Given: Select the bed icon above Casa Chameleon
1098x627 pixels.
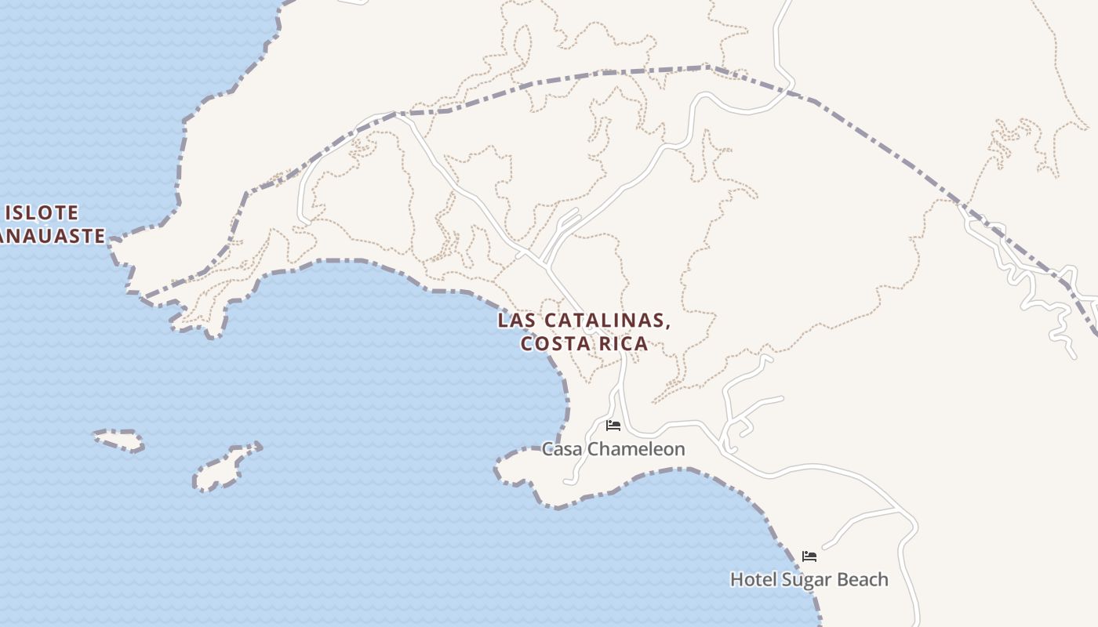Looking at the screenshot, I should point(613,426).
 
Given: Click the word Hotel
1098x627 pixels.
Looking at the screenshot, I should point(751,579).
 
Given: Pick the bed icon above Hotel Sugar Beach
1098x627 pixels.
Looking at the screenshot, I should point(809,556).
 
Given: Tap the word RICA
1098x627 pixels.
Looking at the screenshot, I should point(624,343).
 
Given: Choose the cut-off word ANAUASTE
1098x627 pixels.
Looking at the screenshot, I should point(52,235).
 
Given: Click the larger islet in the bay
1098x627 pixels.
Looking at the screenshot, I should point(226,468).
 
